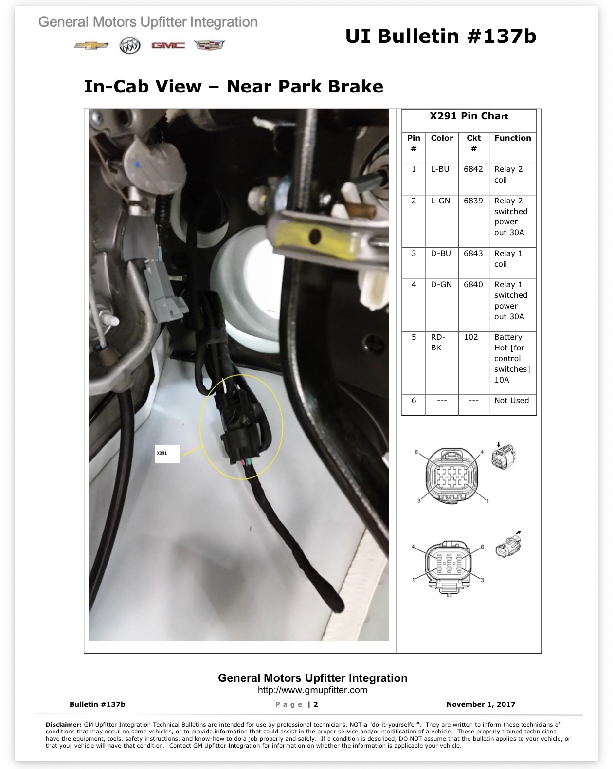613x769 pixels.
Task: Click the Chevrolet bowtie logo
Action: [91, 45]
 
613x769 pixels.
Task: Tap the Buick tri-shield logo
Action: [130, 45]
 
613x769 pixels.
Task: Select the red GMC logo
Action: [168, 45]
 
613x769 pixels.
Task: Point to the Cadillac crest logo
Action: [209, 45]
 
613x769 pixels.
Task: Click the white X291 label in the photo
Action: [167, 454]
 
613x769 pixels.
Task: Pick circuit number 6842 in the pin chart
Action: [473, 169]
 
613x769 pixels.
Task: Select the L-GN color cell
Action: [440, 201]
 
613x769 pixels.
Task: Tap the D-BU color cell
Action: [440, 254]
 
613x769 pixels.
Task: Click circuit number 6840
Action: [473, 284]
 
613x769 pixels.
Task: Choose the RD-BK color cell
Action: [438, 342]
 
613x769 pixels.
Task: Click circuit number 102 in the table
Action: [470, 337]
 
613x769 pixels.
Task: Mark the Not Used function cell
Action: [511, 400]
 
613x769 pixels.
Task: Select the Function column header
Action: [512, 138]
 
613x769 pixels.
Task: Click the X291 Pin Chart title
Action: [469, 116]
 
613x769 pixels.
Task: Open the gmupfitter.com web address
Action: [312, 690]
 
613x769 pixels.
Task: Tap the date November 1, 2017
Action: [481, 704]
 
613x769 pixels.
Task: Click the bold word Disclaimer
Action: [64, 724]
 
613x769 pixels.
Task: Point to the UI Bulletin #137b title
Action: [441, 36]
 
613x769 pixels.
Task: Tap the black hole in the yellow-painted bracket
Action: [314, 236]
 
